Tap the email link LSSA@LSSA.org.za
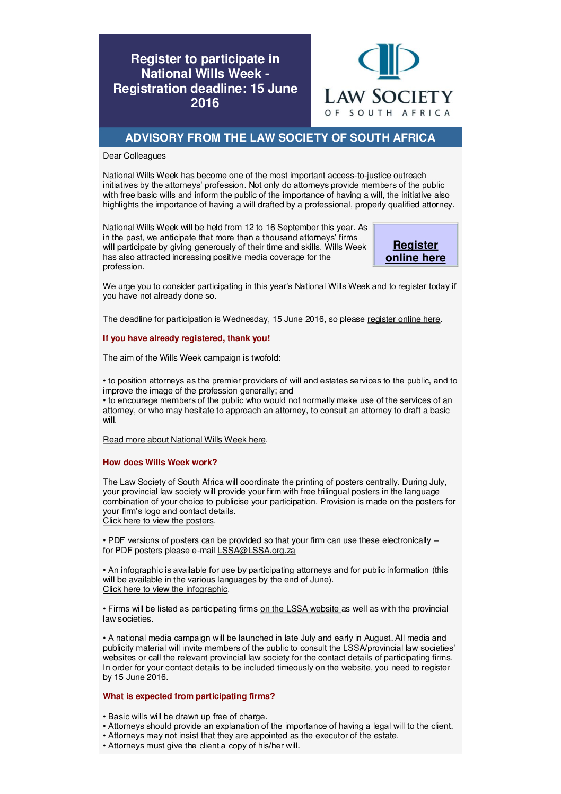coord(256,551)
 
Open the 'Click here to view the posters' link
coord(158,521)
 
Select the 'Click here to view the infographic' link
coord(165,589)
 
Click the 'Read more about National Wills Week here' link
coord(184,440)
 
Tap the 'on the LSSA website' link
coord(300,609)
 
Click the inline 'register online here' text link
coord(404,319)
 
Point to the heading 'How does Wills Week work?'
coord(160,463)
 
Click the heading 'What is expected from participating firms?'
coord(189,696)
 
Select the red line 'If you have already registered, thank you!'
coord(186,338)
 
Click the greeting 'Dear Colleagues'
coord(134,156)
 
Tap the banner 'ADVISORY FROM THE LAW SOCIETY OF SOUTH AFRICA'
coord(280,138)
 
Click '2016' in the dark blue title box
coord(205,103)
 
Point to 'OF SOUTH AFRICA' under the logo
coord(388,113)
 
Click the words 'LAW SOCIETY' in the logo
coord(389,97)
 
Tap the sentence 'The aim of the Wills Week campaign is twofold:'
coord(191,358)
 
